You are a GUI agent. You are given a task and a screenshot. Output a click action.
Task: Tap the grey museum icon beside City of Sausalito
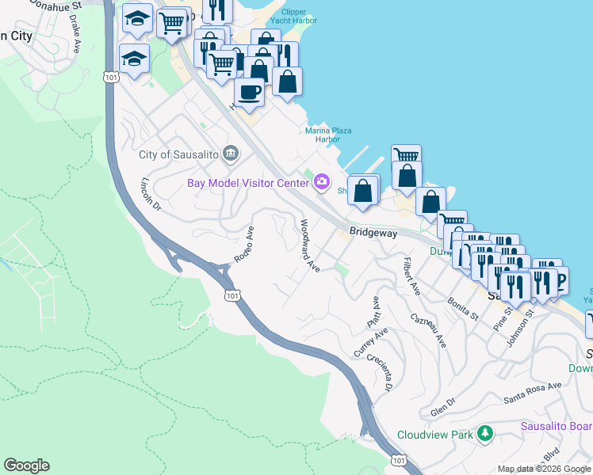[231, 153]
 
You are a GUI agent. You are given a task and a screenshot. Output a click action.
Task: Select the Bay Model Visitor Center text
[247, 183]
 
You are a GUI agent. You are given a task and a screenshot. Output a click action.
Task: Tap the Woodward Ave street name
[308, 246]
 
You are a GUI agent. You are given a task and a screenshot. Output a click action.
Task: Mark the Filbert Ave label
[411, 275]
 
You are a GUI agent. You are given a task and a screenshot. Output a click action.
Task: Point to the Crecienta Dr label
[380, 373]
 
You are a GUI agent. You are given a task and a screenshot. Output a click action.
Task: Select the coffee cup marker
[249, 93]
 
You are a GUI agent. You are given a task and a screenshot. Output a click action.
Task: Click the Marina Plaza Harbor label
[329, 135]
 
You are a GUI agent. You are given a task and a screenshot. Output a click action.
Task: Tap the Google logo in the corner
[26, 465]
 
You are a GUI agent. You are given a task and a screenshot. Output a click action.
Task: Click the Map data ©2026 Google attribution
[544, 469]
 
